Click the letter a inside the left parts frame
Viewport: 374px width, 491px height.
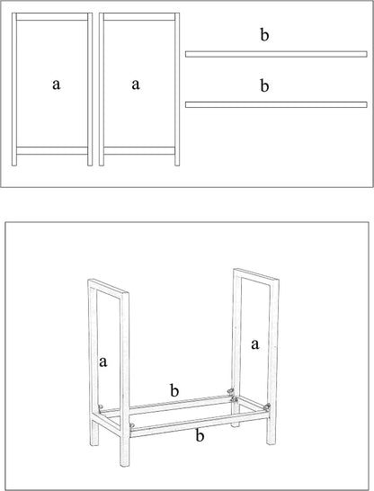[56, 85]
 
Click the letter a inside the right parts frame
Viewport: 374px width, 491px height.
[136, 85]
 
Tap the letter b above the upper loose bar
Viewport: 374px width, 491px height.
[264, 34]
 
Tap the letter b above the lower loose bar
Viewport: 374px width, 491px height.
[264, 85]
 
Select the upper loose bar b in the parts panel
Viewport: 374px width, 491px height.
[276, 54]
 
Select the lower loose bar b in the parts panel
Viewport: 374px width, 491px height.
[276, 104]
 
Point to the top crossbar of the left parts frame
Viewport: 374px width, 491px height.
[52, 16]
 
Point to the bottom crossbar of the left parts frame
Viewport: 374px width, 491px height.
[52, 150]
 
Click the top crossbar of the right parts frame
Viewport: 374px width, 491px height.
[139, 16]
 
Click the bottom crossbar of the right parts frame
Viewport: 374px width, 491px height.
[139, 150]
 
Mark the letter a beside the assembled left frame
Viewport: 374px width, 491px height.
[103, 362]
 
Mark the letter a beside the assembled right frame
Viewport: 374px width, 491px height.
[255, 344]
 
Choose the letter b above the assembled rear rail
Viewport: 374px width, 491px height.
[174, 390]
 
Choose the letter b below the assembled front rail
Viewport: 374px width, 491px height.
[200, 435]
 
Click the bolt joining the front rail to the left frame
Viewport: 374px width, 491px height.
[132, 425]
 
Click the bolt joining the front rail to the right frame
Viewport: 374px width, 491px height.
[267, 407]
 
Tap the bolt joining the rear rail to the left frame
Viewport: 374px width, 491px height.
[100, 406]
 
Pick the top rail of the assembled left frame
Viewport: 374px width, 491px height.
[108, 287]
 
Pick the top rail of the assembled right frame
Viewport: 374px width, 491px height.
[256, 275]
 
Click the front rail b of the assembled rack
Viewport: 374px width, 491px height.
[198, 424]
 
